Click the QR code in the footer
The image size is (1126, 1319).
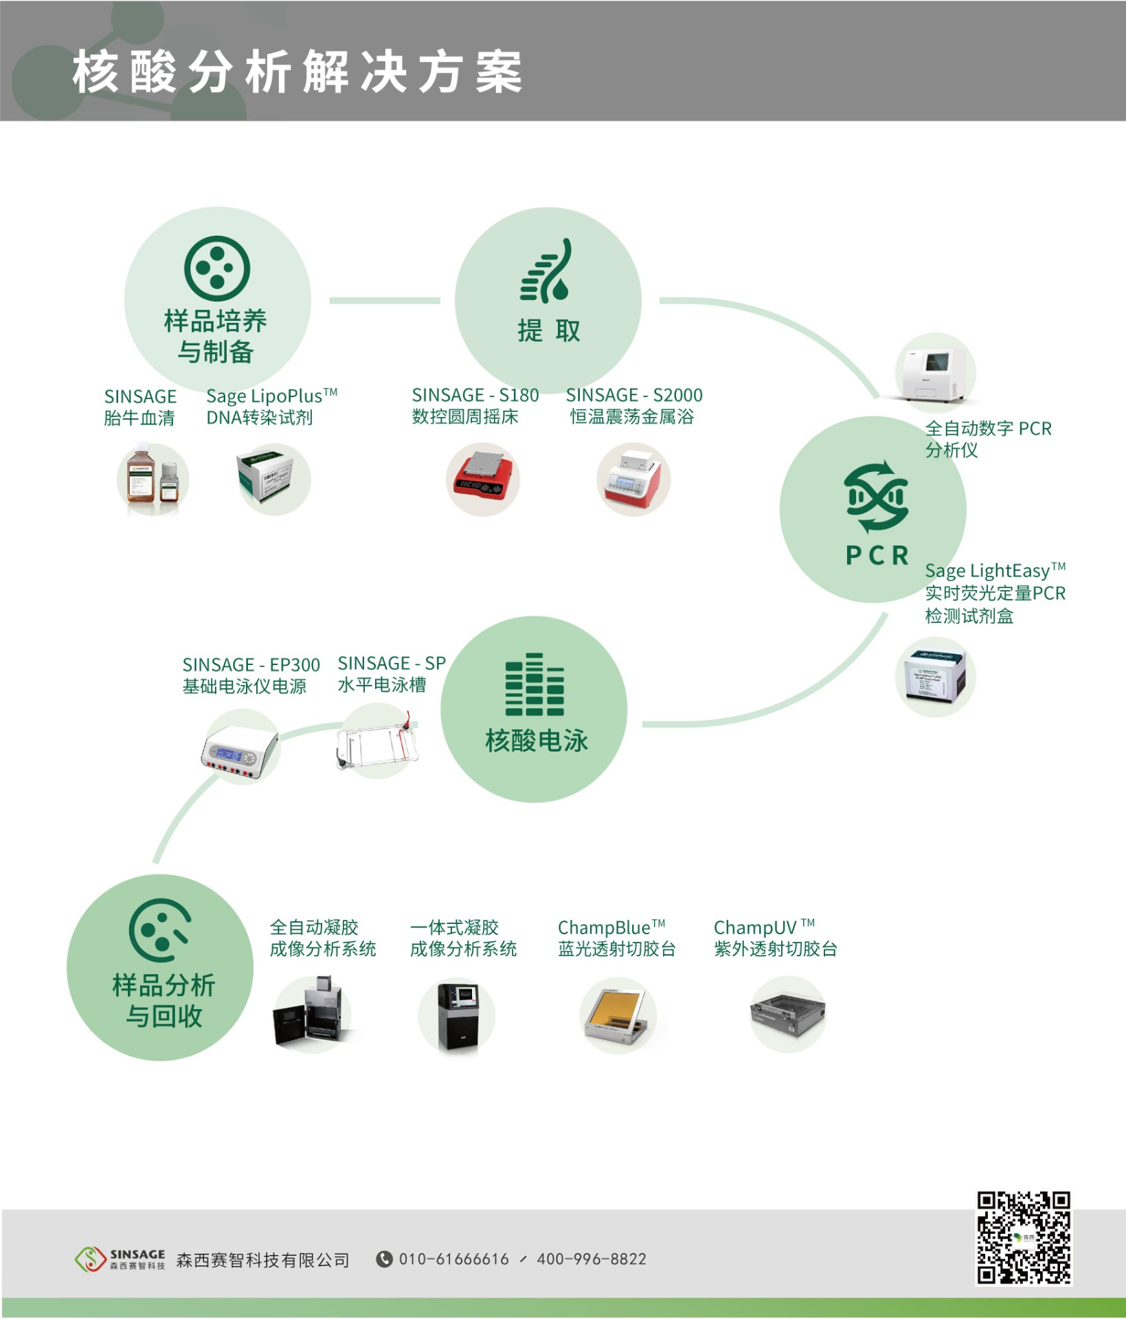1024,1238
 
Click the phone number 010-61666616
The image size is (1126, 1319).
453,1259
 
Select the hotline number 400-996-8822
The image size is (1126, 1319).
592,1259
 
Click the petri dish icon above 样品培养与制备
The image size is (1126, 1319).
217,269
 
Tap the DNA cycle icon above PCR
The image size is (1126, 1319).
877,497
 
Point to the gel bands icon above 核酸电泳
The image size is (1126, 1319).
534,684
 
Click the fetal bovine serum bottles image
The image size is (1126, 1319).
153,479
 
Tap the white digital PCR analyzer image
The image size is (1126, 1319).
934,372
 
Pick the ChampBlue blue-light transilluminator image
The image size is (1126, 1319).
617,1015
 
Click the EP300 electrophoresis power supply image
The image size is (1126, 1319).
240,749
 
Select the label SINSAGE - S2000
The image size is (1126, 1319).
633,396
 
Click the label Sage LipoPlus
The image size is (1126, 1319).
271,396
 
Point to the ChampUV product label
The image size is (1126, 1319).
764,927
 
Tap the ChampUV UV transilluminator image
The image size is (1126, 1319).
787,1014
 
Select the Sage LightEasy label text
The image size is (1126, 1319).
994,571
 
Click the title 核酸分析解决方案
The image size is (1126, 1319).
297,71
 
